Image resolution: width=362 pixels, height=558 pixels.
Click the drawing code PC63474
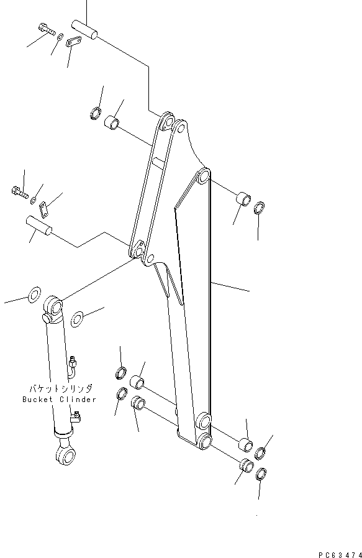tap(337, 553)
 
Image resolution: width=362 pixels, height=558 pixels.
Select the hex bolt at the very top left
tap(44, 29)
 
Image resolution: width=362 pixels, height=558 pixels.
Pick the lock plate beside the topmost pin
tap(74, 42)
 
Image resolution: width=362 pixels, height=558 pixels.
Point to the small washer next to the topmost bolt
tap(59, 38)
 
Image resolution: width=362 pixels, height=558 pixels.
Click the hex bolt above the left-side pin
tap(19, 193)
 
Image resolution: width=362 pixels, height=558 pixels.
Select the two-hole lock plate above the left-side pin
tap(43, 207)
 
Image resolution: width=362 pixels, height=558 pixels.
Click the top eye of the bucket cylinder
tap(53, 307)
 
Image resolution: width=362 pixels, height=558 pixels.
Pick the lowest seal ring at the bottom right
tap(261, 473)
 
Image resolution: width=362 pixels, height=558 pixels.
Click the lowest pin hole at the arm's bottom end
tap(206, 442)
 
